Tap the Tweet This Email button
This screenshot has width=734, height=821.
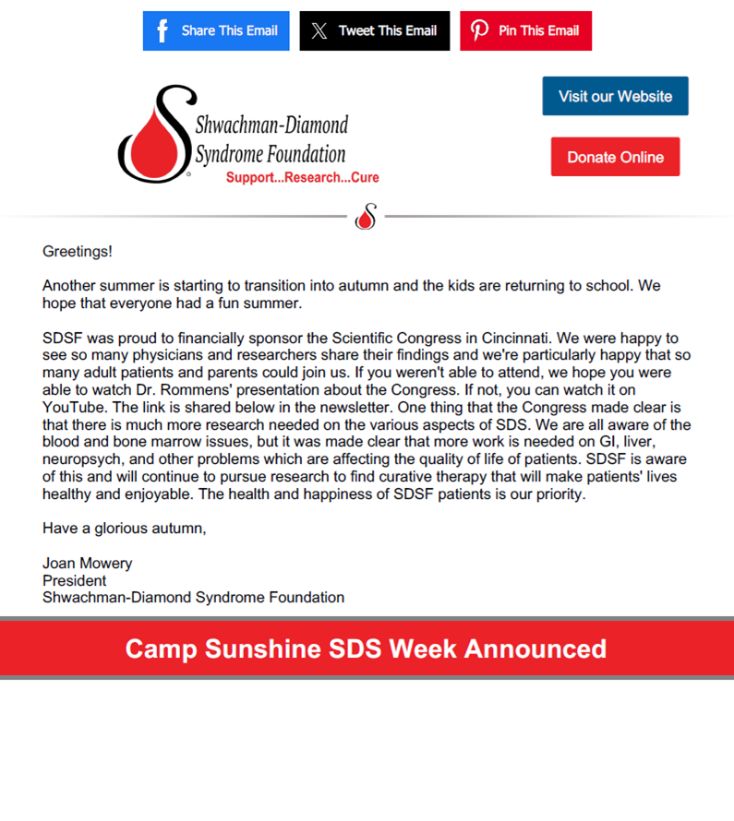375,30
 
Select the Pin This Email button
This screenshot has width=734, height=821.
525,30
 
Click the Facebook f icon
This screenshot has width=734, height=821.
162,30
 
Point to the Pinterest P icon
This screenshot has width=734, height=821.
480,30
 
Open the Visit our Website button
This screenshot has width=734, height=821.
615,96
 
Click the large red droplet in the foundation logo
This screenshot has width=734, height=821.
150,142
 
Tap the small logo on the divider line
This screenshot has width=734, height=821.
367,217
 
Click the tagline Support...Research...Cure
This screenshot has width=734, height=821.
302,177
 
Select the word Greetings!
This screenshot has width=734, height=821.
78,251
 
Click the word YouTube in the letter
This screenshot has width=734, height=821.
73,408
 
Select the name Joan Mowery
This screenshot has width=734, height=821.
88,563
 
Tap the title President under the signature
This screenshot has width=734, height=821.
74,580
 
